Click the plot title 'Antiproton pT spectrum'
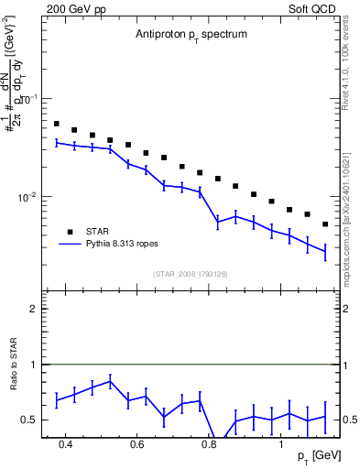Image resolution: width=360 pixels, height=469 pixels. [x=186, y=34]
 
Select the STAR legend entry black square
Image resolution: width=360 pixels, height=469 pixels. [x=68, y=232]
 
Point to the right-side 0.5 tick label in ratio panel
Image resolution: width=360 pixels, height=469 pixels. [x=348, y=420]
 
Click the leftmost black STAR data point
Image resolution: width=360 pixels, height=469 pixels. [x=57, y=124]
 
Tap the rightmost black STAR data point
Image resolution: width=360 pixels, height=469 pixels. [x=325, y=224]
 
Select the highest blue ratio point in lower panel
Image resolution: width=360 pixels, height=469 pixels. [x=110, y=382]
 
